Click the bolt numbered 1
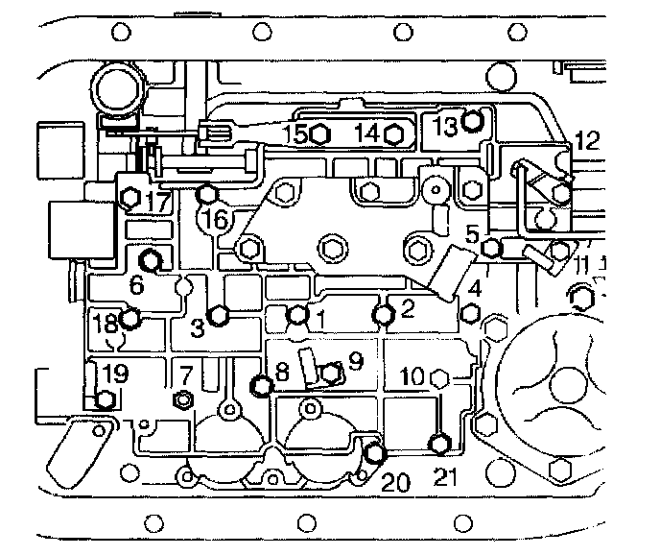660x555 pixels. [298, 314]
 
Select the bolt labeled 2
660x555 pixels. [384, 313]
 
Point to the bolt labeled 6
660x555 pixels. [151, 259]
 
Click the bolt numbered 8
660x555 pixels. [261, 386]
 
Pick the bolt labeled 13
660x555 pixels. [470, 121]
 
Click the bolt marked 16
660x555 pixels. [205, 195]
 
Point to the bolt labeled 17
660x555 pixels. [130, 198]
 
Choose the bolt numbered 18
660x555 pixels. [130, 319]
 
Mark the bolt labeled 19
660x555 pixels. [106, 399]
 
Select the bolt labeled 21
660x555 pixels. [438, 443]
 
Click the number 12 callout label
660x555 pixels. [586, 141]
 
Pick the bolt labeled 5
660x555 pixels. [491, 249]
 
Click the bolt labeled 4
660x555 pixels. [470, 313]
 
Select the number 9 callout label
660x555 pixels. [354, 362]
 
